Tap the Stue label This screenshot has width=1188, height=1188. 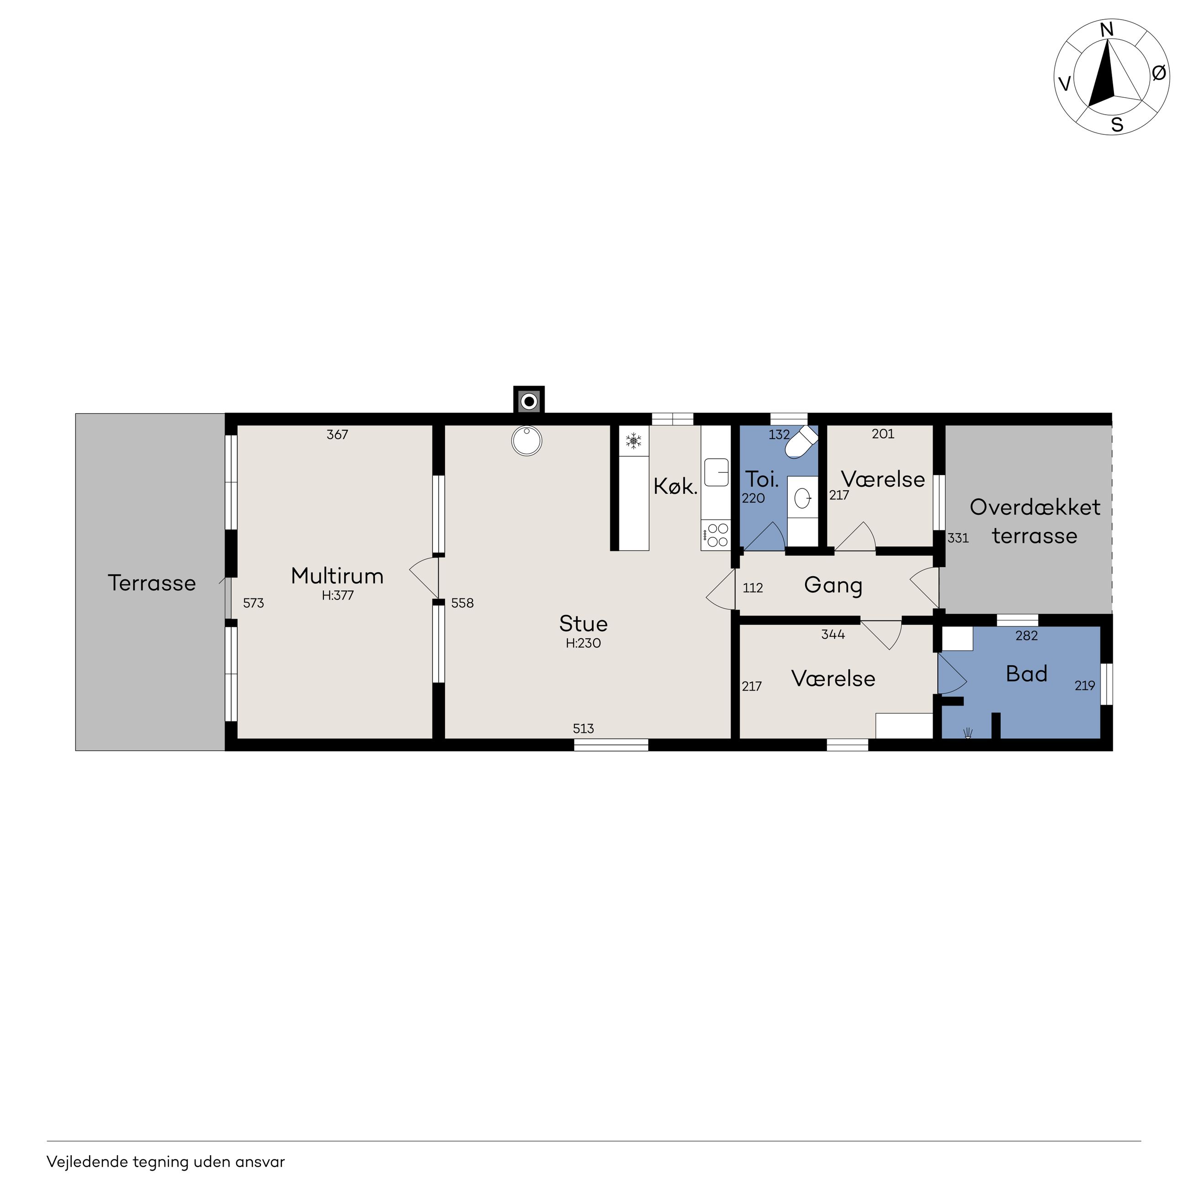click(x=583, y=624)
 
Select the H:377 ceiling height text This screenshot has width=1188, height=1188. click(x=338, y=596)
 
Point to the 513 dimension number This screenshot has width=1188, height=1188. click(x=583, y=729)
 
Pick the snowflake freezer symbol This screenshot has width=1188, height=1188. click(x=633, y=440)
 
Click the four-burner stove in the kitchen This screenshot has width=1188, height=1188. click(x=716, y=535)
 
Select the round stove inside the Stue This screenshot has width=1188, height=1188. click(x=527, y=441)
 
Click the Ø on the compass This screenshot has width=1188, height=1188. click(x=1158, y=73)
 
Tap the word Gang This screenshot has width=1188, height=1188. click(x=833, y=585)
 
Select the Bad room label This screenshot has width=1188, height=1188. click(x=1026, y=674)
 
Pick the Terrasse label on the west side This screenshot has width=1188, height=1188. click(x=152, y=583)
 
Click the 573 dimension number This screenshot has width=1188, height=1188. click(x=253, y=603)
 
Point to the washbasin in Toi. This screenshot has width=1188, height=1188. click(x=802, y=497)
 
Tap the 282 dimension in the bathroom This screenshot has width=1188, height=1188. click(x=1027, y=636)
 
